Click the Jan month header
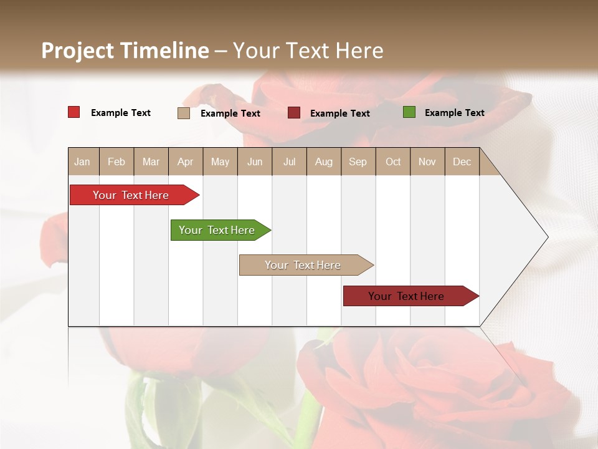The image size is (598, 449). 82,162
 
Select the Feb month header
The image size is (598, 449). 116,162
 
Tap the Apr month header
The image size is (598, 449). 185,162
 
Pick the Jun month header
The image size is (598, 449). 255,162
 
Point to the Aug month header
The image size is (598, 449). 323,162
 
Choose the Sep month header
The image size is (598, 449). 358,162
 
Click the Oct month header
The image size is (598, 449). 393,162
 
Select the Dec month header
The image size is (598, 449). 462,162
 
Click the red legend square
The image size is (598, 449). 74,112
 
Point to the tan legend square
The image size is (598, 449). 184,113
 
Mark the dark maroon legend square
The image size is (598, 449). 294,113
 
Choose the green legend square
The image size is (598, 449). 409,112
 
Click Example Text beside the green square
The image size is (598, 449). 454,113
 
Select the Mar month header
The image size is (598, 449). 151,162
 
